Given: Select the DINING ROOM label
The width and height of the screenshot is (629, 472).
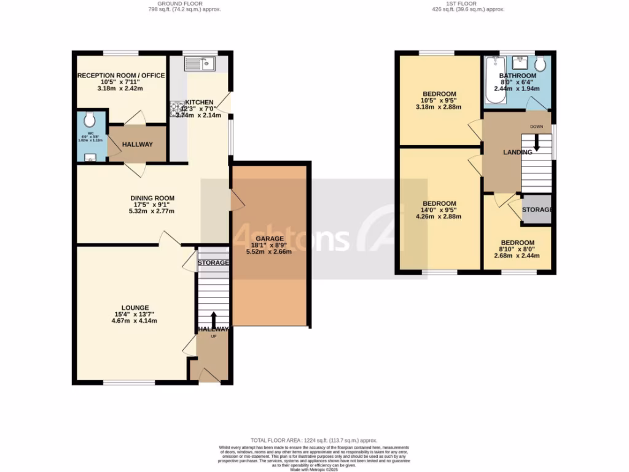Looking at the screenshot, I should [152, 198].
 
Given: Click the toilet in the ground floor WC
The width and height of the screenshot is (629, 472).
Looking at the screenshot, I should [90, 118].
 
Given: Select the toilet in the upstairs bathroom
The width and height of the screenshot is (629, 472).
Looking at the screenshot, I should [541, 63].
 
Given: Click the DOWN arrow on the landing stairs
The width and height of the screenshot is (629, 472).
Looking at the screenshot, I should [537, 143].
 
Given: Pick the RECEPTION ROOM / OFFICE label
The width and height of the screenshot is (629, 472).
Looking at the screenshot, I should [121, 76].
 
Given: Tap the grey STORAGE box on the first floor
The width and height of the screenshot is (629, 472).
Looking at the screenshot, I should [537, 210].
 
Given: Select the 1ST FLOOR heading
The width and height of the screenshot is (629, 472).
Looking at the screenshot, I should [468, 4].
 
